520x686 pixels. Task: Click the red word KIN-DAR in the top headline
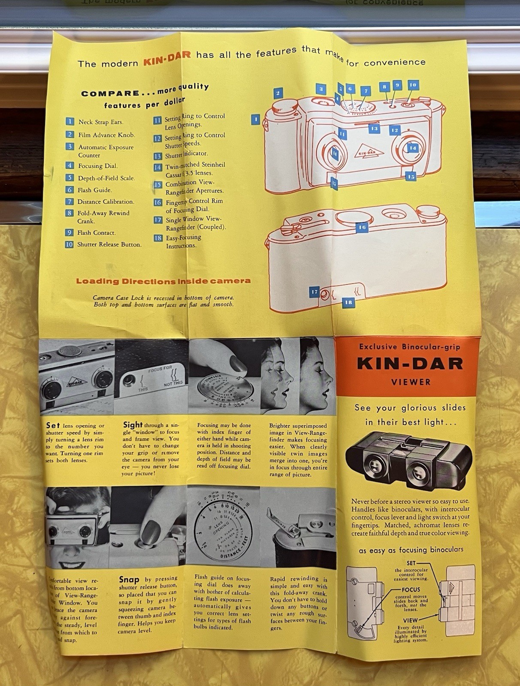click(x=167, y=60)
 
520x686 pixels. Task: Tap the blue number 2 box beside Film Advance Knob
click(x=70, y=134)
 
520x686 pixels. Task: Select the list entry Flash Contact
click(x=96, y=233)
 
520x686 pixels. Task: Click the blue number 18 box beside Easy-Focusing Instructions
click(x=158, y=238)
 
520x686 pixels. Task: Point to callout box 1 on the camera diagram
click(x=255, y=119)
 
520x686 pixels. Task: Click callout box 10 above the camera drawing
click(x=412, y=85)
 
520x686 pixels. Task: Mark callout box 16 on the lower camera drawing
click(x=362, y=227)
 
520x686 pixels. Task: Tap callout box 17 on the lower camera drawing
click(x=314, y=292)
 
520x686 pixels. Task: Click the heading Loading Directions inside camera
click(x=163, y=281)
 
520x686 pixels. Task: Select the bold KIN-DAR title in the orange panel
click(x=410, y=364)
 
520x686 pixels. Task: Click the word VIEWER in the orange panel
click(x=411, y=382)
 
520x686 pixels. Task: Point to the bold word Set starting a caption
click(x=53, y=425)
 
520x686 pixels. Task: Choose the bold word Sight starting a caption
click(x=133, y=425)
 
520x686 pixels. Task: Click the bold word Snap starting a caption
click(x=129, y=580)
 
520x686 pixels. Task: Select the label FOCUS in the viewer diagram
click(x=411, y=590)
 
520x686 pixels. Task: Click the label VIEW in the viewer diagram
click(x=410, y=620)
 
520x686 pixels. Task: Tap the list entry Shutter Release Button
click(x=109, y=244)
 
